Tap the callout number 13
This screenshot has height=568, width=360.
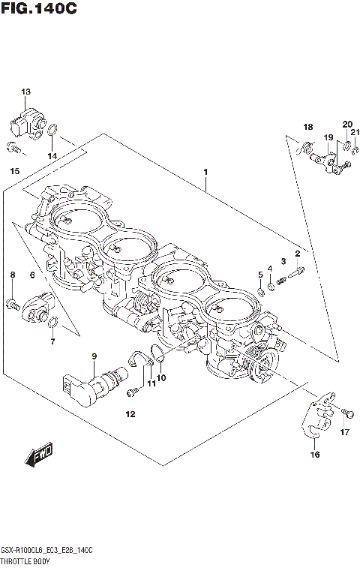pos(26,92)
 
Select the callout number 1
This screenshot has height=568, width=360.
pos(205,172)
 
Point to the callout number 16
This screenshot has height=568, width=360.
pos(315,454)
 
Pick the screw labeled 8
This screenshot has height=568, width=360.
pos(13,303)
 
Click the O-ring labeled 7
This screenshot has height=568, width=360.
pos(52,323)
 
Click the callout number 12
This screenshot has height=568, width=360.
pos(130,414)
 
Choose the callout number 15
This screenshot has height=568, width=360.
pos(14,172)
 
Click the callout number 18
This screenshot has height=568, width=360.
pos(307,126)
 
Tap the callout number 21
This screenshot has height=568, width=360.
pos(355,133)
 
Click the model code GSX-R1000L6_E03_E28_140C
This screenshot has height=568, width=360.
pos(46,551)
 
